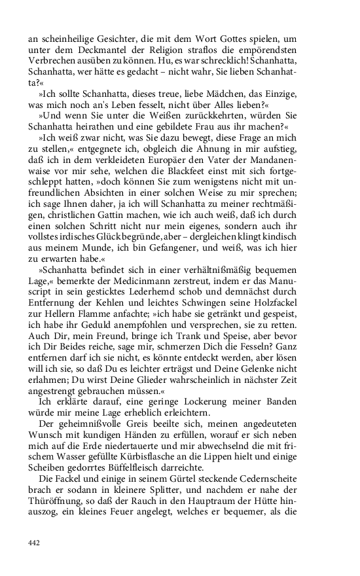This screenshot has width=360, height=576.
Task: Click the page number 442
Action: [x=35, y=543]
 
